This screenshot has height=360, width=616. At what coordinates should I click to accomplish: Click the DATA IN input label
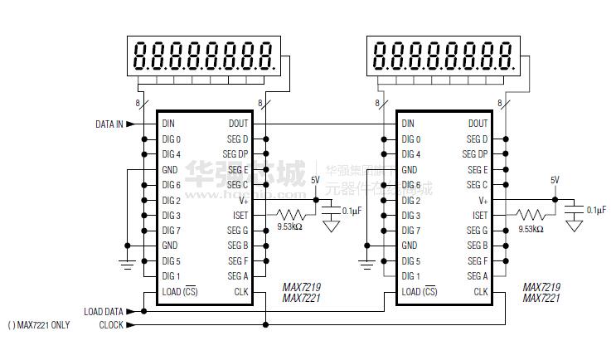point(109,124)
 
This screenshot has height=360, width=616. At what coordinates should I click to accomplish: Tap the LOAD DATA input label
point(104,312)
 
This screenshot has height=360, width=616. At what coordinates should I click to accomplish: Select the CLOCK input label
point(111,325)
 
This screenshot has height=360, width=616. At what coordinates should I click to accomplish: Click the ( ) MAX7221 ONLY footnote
point(38,325)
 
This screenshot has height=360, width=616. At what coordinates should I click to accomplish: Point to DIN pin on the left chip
point(169,124)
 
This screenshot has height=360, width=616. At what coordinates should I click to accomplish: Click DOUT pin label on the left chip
point(238,124)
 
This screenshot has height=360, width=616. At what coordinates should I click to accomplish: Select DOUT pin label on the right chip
point(478,124)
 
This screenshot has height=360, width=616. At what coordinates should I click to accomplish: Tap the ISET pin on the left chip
point(240,215)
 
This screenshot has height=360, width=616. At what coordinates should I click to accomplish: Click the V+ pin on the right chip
point(483,200)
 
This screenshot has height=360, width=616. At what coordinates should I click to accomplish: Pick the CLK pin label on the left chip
point(240,291)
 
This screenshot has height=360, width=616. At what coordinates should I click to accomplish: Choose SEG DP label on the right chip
point(475,154)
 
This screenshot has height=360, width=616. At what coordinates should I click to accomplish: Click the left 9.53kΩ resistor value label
point(289,226)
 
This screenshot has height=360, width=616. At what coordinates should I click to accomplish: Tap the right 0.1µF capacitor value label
point(596,210)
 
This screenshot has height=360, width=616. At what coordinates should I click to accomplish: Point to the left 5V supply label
point(315,180)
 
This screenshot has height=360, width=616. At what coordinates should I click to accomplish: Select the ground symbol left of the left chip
point(127,264)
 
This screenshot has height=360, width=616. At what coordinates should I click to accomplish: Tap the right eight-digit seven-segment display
point(443,56)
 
